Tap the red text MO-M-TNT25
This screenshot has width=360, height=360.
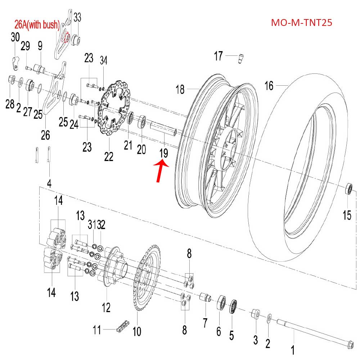click(x=301, y=23)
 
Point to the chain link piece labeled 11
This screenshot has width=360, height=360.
click(x=120, y=328)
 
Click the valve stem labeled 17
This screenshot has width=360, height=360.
click(x=241, y=58)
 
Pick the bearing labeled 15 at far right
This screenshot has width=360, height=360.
click(x=349, y=189)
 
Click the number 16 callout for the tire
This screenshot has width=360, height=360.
click(x=269, y=86)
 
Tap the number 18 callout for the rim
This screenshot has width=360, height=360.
click(x=180, y=89)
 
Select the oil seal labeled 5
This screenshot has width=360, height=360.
click(x=232, y=308)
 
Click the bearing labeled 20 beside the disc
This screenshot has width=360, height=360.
click(x=143, y=123)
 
